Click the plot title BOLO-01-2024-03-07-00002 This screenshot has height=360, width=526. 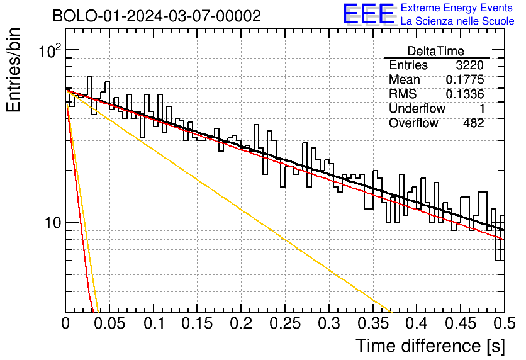[157, 16]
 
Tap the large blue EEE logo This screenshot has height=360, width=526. [368, 14]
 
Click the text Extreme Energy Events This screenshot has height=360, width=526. [457, 8]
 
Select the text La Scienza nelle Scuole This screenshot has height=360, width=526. [457, 21]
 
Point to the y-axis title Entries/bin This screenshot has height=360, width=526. [13, 70]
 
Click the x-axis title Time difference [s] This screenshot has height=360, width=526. [430, 346]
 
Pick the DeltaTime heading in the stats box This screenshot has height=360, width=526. [436, 51]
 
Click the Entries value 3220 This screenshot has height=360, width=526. [469, 65]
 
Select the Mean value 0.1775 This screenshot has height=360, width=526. [465, 79]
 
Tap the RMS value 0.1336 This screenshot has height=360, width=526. [465, 94]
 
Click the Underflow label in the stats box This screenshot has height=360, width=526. [417, 108]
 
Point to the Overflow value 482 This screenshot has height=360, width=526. [474, 123]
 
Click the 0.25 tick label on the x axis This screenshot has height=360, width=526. [285, 323]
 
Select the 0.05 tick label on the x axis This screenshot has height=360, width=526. [109, 323]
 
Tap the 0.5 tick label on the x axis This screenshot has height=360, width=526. [504, 323]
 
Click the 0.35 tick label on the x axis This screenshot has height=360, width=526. [372, 323]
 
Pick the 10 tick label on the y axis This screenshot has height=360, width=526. [53, 222]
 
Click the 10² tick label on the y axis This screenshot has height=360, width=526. [50, 51]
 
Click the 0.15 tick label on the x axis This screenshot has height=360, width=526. [197, 323]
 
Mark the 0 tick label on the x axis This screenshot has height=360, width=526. [65, 323]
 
